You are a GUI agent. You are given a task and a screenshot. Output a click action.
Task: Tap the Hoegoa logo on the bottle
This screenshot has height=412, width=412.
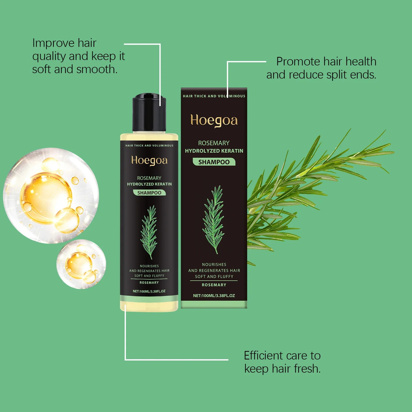[149, 160]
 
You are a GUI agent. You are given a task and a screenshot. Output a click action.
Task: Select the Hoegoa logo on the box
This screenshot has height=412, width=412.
[214, 121]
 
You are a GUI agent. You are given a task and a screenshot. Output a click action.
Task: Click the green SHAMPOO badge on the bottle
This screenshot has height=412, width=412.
[149, 193]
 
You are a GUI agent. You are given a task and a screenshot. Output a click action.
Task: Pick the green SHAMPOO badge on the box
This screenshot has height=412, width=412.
[214, 162]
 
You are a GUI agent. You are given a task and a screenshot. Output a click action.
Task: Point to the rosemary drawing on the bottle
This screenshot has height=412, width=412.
[149, 232]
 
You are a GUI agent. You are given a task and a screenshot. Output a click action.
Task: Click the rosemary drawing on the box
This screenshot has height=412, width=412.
[213, 219]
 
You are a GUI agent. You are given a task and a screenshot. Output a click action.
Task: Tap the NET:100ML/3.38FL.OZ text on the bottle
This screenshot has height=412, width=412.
[149, 291]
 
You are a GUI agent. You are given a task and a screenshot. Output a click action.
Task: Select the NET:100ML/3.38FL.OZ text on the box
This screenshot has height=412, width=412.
[214, 296]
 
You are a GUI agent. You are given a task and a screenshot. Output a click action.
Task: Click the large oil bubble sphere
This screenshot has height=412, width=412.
[51, 196]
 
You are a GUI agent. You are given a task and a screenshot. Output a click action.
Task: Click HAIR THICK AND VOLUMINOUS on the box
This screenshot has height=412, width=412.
[214, 96]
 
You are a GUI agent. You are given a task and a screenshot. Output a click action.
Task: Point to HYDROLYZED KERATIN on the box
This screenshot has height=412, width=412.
[214, 151]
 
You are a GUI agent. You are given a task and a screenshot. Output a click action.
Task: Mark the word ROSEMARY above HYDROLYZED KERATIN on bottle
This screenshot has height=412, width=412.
[149, 178]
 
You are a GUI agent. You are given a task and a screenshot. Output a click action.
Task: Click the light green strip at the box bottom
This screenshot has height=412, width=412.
[214, 304]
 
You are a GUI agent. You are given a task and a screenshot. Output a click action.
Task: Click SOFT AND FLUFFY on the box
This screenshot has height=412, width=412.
[214, 277]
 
